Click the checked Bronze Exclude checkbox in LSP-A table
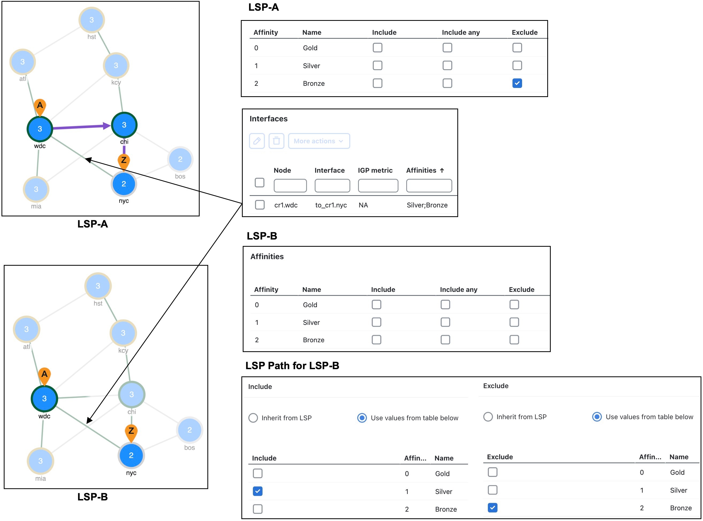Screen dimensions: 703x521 pyautogui.click(x=517, y=83)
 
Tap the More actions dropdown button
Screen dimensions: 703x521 pyautogui.click(x=319, y=141)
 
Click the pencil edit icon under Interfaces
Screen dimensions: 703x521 pyautogui.click(x=257, y=141)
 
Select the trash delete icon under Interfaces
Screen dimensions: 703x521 pyautogui.click(x=276, y=141)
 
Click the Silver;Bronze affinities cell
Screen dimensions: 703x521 pyautogui.click(x=427, y=205)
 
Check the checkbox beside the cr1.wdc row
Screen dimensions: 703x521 pyautogui.click(x=260, y=205)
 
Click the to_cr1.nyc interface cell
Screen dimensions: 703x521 pyautogui.click(x=331, y=205)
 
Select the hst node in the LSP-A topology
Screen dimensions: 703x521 pyautogui.click(x=92, y=20)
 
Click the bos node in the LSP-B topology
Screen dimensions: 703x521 pyautogui.click(x=189, y=430)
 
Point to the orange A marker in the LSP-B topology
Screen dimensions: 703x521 pyautogui.click(x=44, y=376)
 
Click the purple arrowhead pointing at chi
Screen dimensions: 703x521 pyautogui.click(x=107, y=126)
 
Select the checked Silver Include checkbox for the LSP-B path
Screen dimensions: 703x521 pyautogui.click(x=258, y=491)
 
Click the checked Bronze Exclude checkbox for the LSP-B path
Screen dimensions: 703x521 pyautogui.click(x=492, y=507)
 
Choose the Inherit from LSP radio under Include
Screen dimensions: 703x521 pyautogui.click(x=253, y=418)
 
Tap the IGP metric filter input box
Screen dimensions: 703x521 pyautogui.click(x=378, y=186)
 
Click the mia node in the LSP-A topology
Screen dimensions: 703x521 pyautogui.click(x=36, y=189)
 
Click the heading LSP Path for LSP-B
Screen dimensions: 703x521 pyautogui.click(x=292, y=365)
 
